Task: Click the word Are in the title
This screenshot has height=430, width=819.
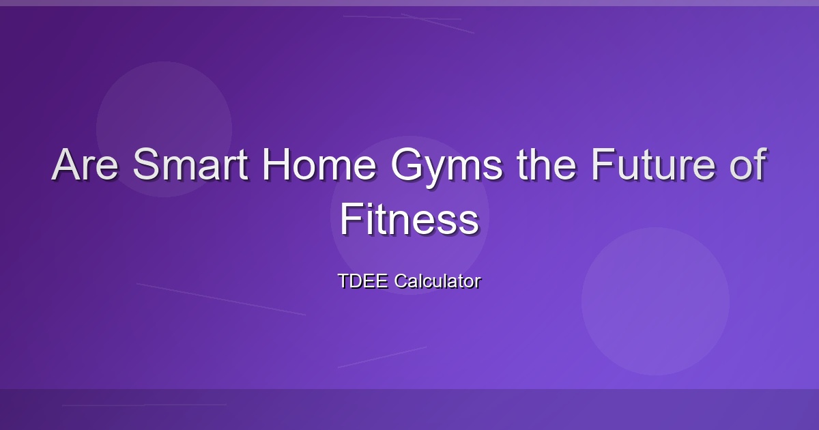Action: [x=85, y=164]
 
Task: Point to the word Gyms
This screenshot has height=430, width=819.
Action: [x=446, y=168]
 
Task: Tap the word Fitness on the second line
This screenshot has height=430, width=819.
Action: [x=409, y=219]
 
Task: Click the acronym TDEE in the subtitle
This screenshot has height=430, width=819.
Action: [x=363, y=281]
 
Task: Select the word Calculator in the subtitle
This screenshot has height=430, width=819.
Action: [x=437, y=281]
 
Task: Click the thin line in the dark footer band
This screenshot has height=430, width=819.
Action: [x=145, y=405]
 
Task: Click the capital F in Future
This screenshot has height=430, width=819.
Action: [x=603, y=164]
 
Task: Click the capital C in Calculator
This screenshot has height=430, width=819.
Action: [x=401, y=281]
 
